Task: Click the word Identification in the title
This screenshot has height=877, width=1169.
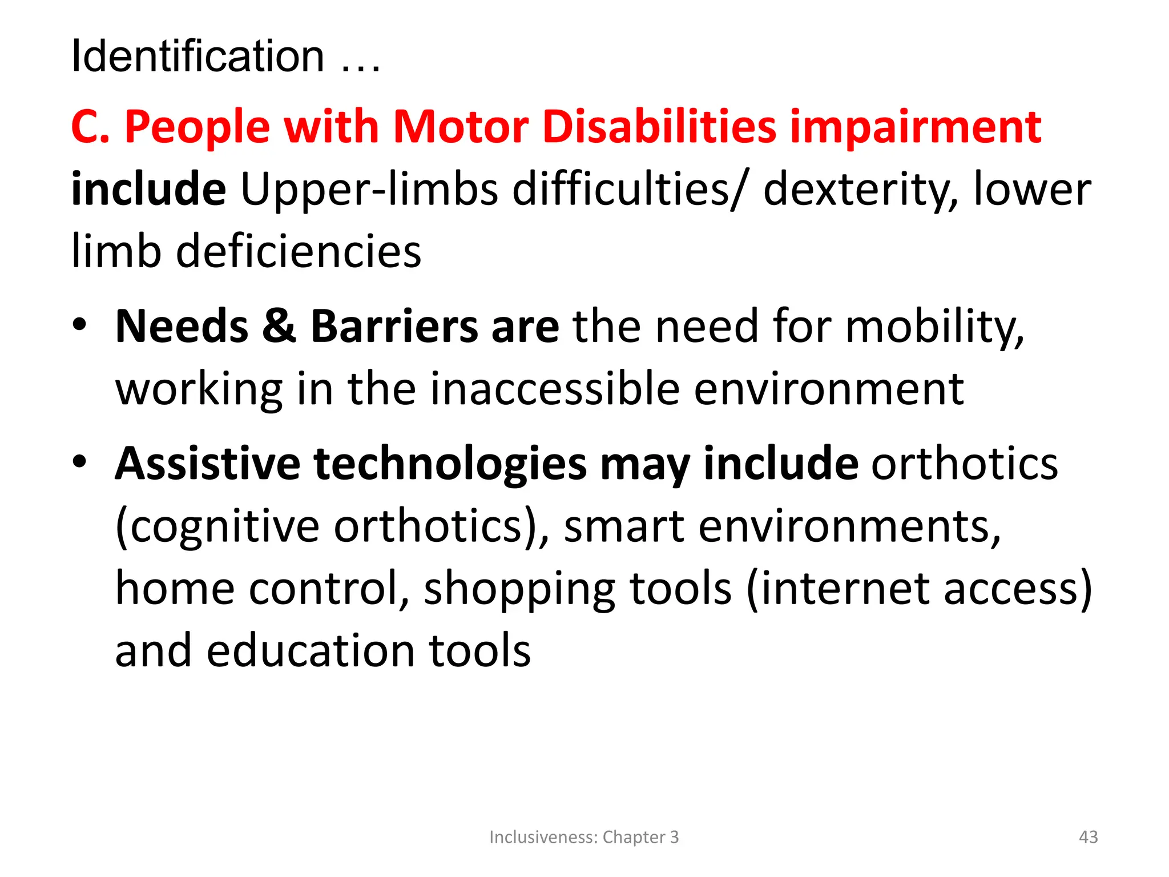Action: click(197, 57)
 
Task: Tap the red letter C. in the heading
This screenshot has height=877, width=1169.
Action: click(90, 127)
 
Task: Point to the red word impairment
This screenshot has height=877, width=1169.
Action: click(916, 127)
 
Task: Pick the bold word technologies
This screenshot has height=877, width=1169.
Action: click(450, 464)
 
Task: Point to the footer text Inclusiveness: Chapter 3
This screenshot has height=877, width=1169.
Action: click(584, 837)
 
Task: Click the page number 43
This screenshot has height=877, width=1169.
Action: click(1088, 837)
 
